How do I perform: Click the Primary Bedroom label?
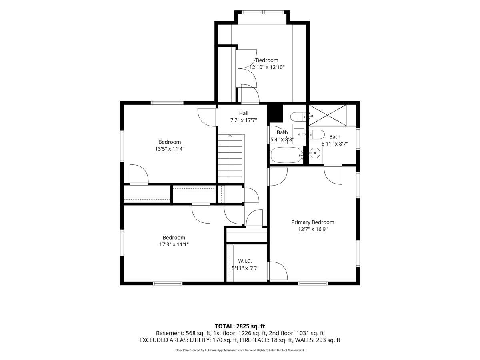click(313, 222)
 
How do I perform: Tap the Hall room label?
click(244, 113)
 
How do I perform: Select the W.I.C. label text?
click(245, 261)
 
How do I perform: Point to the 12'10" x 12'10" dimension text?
click(267, 67)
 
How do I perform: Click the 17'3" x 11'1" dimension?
click(174, 244)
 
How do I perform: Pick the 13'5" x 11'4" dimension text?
click(170, 149)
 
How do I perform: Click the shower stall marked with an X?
click(327, 115)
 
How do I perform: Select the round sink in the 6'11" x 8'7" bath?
click(315, 153)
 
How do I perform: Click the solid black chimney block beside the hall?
click(276, 113)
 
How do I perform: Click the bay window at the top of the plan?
click(262, 12)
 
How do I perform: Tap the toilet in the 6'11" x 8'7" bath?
click(316, 134)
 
